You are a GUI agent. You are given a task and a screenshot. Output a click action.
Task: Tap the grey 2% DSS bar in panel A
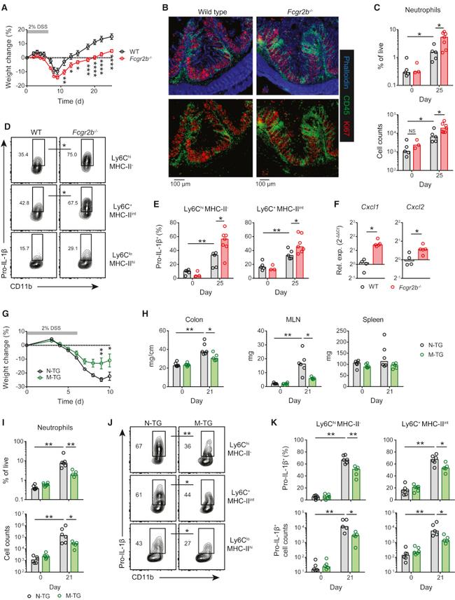[37, 32]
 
